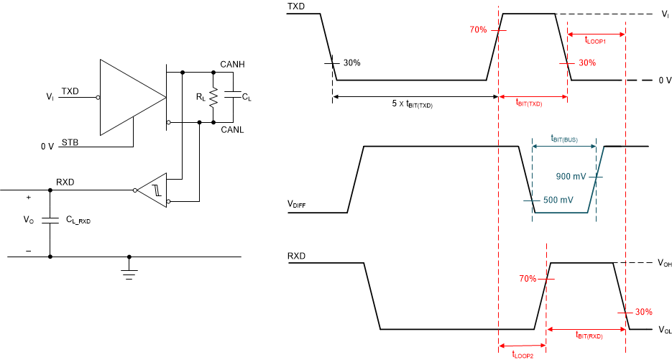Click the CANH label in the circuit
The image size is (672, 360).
click(x=234, y=65)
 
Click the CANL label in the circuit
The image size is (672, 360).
click(x=233, y=129)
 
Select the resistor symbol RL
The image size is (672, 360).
click(x=213, y=97)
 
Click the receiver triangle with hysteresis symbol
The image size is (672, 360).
click(x=152, y=190)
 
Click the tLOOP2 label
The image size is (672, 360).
click(x=523, y=354)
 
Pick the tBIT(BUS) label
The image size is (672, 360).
click(x=563, y=138)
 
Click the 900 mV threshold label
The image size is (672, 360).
click(x=571, y=176)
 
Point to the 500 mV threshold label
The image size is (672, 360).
click(x=558, y=200)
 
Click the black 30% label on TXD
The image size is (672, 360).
click(x=351, y=63)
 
